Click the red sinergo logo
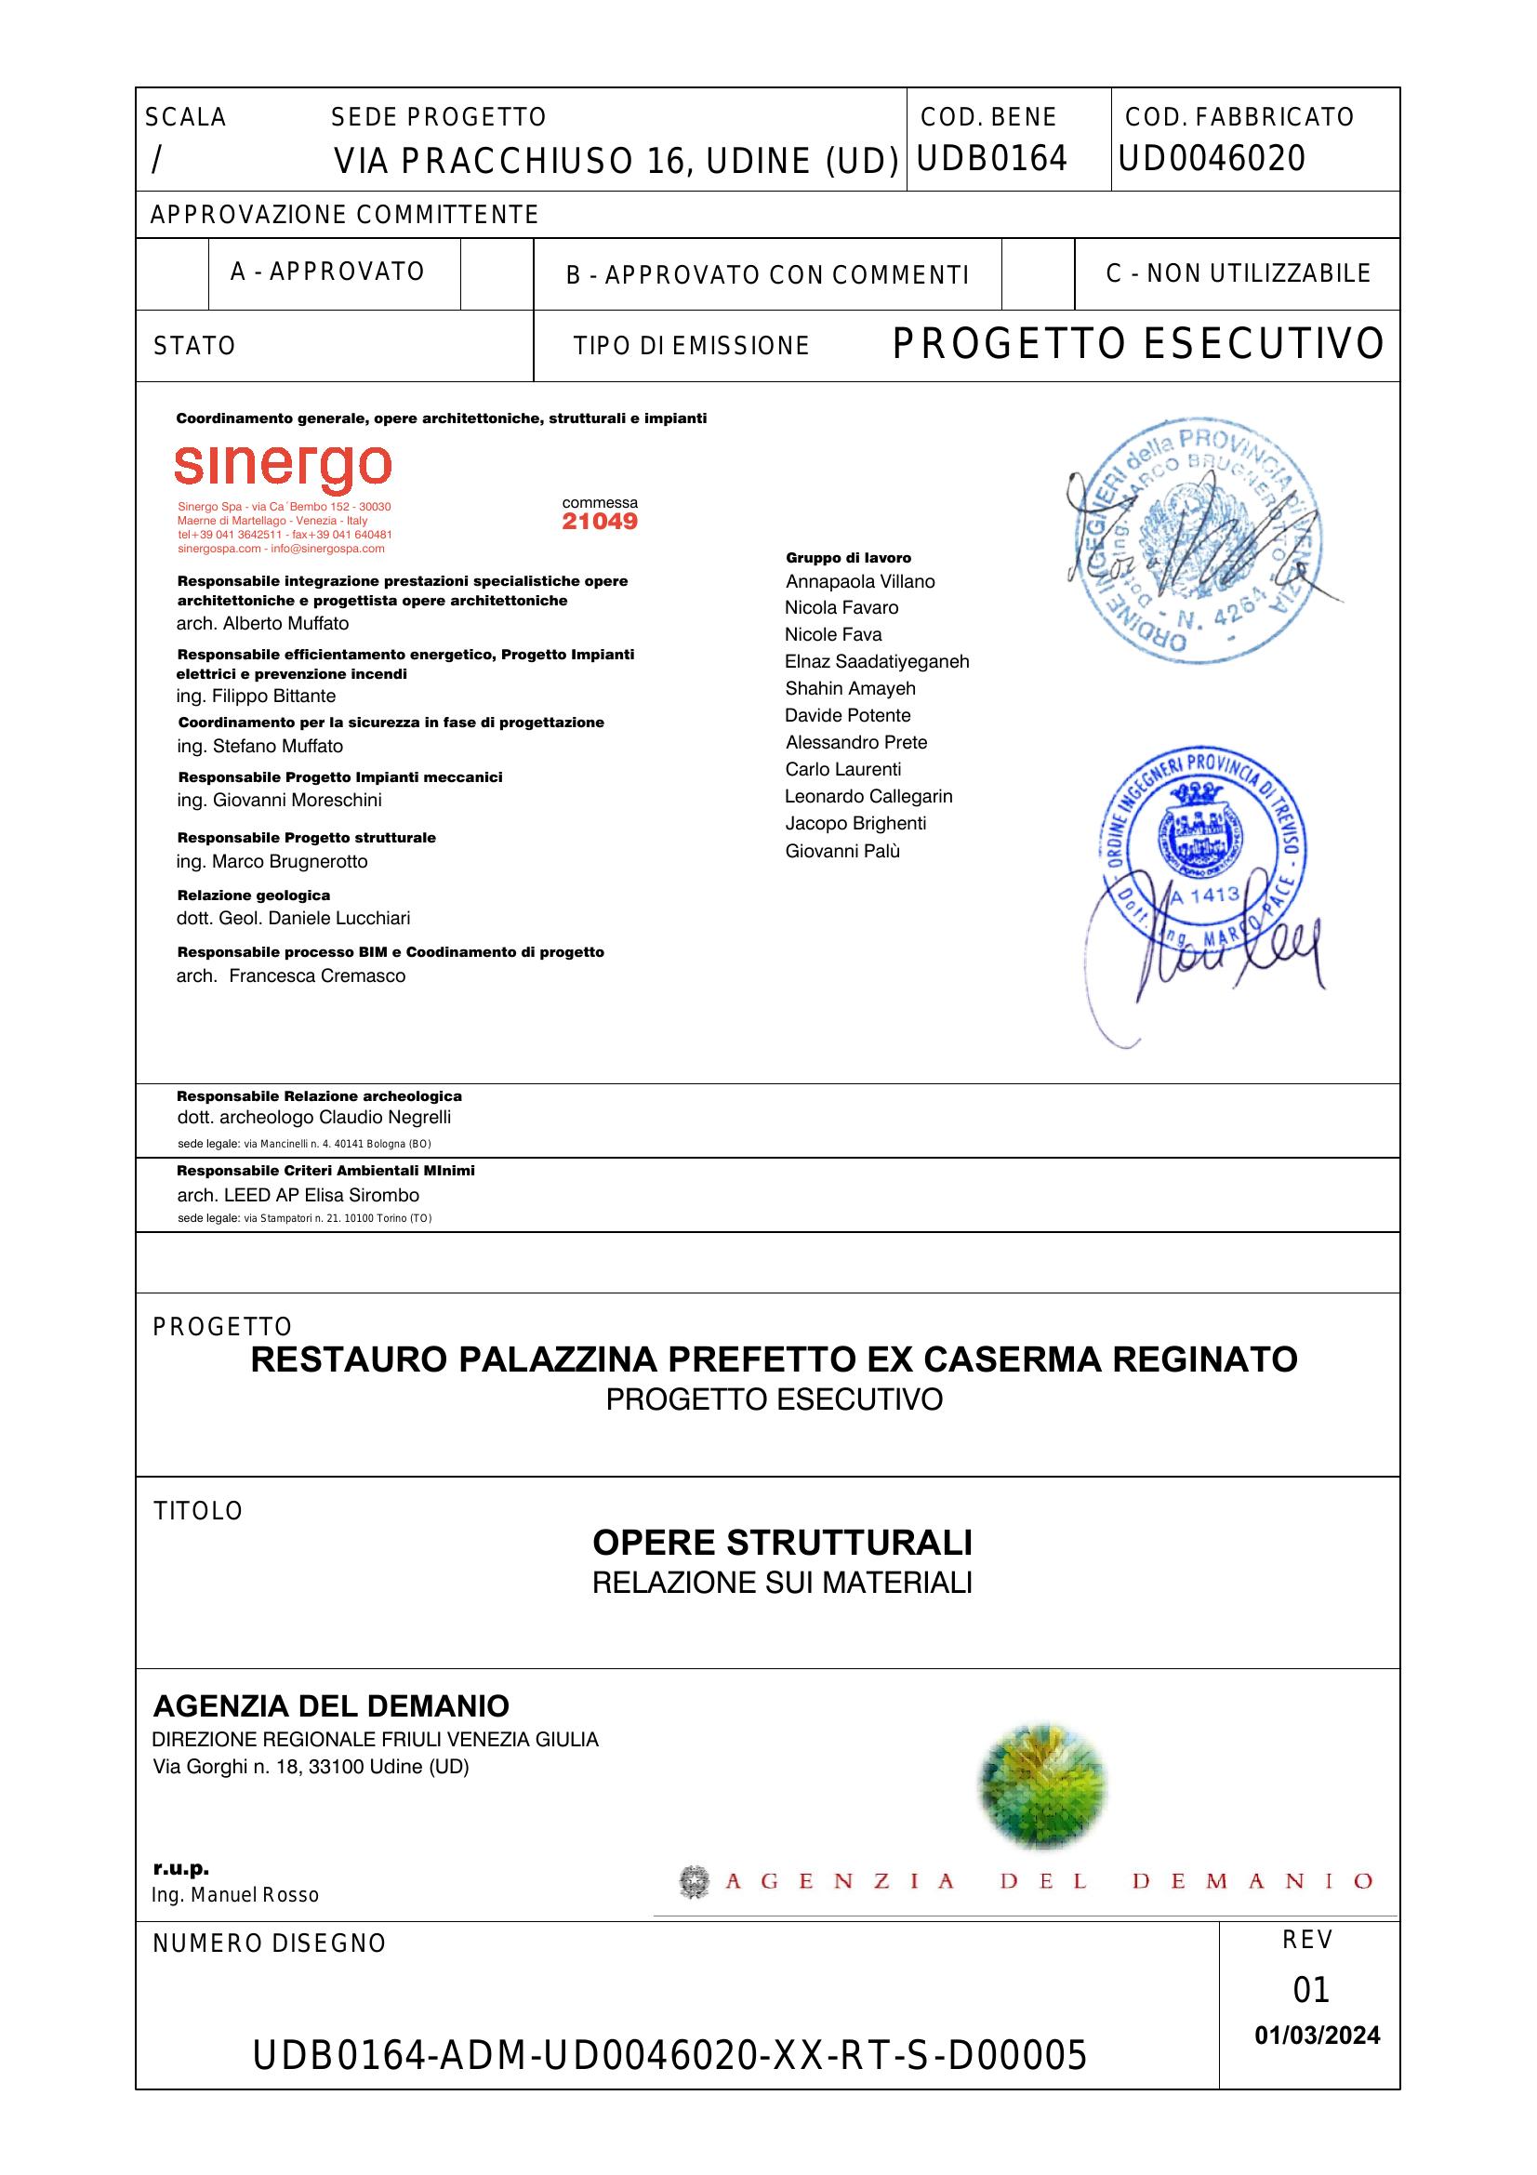[283, 468]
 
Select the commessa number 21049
[600, 522]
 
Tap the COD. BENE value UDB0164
[991, 158]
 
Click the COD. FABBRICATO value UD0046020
[1212, 158]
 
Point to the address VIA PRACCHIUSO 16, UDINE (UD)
[616, 162]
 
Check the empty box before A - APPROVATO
[172, 273]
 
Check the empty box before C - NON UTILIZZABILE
[1037, 273]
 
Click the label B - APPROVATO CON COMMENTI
[767, 274]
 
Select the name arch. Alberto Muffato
[262, 623]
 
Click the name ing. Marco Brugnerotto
[272, 861]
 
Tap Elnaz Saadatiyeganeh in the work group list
[876, 661]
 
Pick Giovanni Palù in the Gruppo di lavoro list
[841, 851]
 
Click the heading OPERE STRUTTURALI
[781, 1544]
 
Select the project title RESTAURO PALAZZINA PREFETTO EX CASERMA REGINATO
[774, 1360]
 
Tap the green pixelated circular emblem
[1042, 1786]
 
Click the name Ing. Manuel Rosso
[235, 1894]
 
